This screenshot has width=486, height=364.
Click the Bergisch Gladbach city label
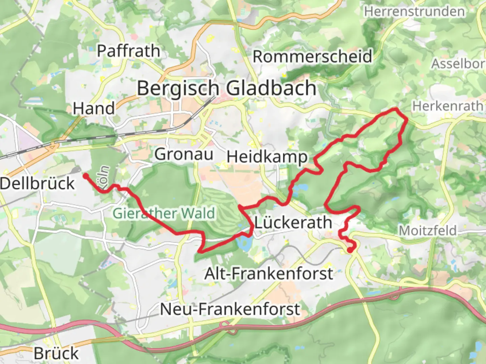pos(226,89)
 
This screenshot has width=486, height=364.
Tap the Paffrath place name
pos(128,51)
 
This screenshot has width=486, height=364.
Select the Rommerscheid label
pos(313,56)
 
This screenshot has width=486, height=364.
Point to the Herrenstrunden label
pos(414,12)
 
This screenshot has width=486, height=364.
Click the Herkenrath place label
pos(448,106)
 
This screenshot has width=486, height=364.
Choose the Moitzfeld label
pos(428,231)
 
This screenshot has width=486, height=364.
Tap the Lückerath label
pos(293,223)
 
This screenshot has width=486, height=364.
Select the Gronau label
pos(184,154)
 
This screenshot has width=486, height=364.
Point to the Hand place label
pos(94,109)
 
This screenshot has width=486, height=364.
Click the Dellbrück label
pos(37,184)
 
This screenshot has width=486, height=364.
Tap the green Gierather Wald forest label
pos(164,213)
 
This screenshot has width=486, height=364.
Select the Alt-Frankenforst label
pos(269,273)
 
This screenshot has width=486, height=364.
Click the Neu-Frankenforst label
pos(230,309)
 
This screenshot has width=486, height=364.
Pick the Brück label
pos(56,354)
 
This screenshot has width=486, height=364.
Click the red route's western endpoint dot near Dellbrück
pos(85,176)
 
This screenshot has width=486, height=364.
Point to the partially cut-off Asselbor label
pos(458,64)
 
